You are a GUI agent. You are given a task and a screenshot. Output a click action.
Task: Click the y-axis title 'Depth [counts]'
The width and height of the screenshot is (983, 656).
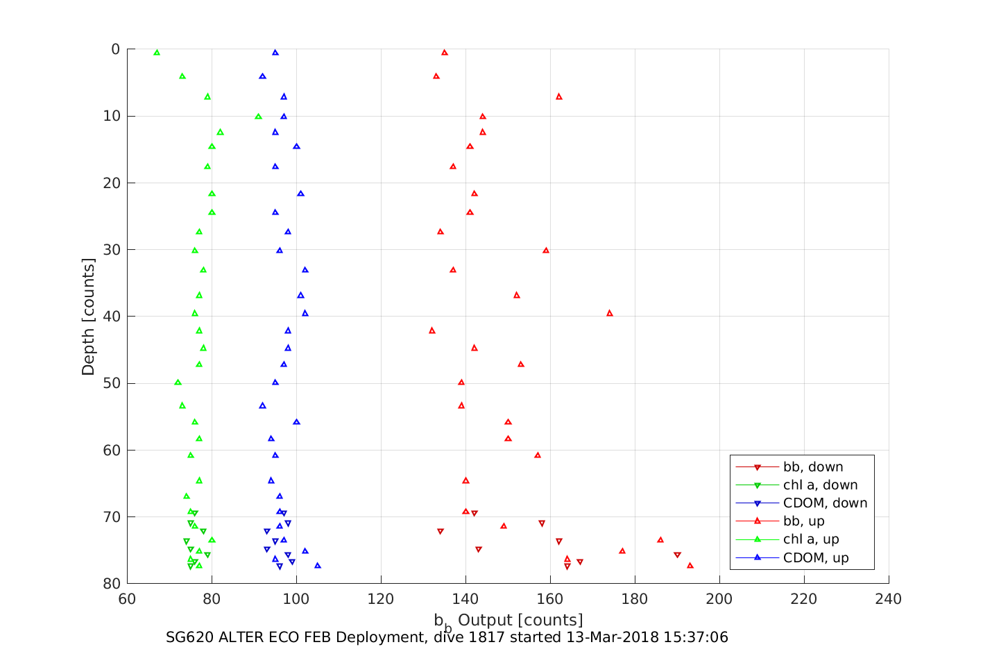(88, 317)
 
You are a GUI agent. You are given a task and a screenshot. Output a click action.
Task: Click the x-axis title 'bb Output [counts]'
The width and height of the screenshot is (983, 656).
(508, 621)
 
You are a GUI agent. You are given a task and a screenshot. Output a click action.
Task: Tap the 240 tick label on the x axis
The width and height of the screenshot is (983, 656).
(889, 599)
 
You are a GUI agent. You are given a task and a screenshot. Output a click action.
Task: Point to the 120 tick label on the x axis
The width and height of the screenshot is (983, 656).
(381, 599)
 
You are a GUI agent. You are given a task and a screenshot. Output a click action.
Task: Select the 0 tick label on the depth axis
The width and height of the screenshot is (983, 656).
(115, 49)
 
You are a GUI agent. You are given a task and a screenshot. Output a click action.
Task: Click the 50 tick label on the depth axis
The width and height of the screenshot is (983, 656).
(111, 383)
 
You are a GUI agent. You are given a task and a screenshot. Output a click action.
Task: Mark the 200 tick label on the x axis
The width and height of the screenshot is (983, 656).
(719, 599)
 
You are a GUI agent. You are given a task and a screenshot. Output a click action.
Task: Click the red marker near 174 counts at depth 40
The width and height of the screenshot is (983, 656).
(610, 313)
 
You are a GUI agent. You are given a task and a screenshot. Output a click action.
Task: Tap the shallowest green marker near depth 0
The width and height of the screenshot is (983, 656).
(157, 53)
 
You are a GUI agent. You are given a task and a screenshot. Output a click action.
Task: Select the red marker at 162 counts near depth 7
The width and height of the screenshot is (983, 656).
(559, 96)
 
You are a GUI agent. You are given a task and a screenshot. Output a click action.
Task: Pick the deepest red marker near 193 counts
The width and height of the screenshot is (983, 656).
(690, 566)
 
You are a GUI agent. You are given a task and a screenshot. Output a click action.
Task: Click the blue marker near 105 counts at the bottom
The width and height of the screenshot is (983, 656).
(318, 566)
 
